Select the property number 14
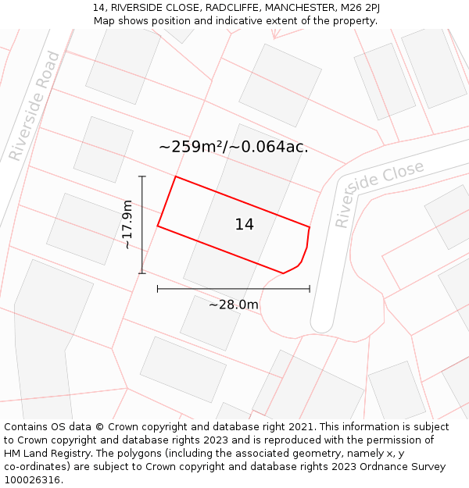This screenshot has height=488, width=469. click(244, 225)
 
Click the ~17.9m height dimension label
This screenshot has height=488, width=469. click(127, 224)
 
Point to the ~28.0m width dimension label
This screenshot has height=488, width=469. click(233, 305)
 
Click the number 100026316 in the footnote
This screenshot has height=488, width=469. click(32, 479)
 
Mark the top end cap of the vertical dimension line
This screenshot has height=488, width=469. click(142, 176)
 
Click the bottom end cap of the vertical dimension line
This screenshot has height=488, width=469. click(142, 273)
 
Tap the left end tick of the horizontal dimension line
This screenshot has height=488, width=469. click(158, 289)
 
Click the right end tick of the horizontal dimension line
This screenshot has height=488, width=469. click(310, 289)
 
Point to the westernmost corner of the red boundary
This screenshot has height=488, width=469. click(158, 226)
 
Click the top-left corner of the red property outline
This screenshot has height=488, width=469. click(175, 176)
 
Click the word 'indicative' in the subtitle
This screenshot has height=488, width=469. click(238, 21)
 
